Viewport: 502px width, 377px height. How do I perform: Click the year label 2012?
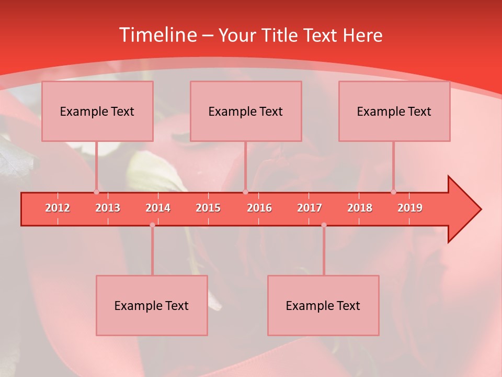(x=58, y=208)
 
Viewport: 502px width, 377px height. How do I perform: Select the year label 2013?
(x=108, y=208)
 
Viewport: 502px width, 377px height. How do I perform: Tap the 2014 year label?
(x=158, y=208)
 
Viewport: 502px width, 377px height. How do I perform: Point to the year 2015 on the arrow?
(x=208, y=208)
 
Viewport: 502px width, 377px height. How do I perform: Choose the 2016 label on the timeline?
(x=259, y=208)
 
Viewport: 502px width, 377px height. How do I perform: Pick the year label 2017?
(x=310, y=208)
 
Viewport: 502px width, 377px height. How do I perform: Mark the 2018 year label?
(x=360, y=208)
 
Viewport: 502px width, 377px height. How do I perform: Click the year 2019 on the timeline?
(x=410, y=208)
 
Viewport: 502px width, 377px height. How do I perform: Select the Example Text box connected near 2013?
(x=97, y=111)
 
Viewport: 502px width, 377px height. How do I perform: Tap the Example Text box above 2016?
(x=246, y=111)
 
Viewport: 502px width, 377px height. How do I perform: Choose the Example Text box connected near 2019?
(x=394, y=111)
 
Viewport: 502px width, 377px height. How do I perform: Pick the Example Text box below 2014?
(x=152, y=305)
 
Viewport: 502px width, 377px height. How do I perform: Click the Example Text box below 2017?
(x=323, y=305)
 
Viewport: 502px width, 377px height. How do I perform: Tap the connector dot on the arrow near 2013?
(x=96, y=192)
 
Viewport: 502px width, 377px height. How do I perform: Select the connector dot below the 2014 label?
(x=152, y=225)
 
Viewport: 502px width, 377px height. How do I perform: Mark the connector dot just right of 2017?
(x=324, y=225)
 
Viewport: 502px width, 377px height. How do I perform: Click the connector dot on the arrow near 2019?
(x=393, y=192)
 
